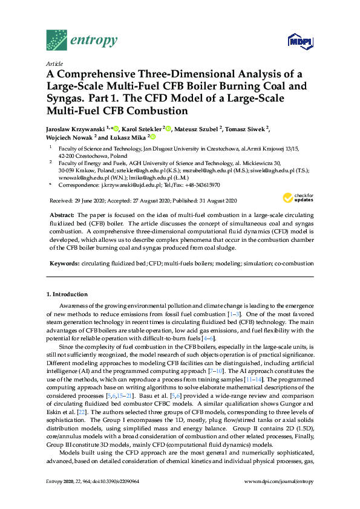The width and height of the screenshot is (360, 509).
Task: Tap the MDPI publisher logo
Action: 301,41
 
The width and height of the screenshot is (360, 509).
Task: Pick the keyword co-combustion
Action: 294,264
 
